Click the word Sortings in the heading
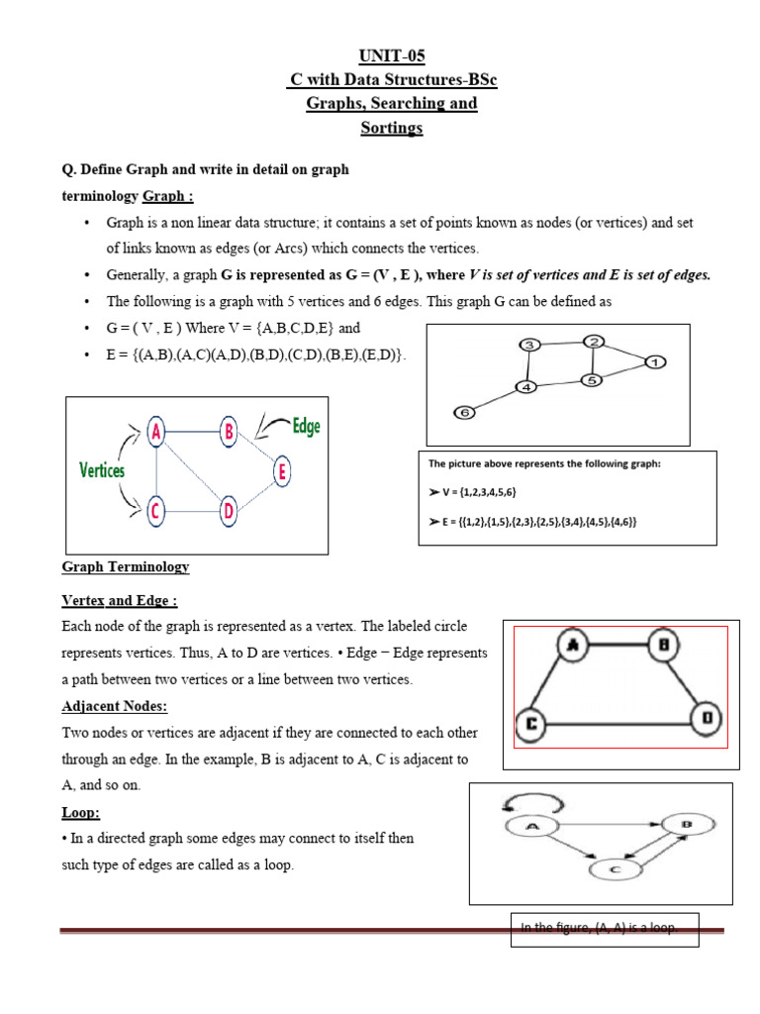(392, 128)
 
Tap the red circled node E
(283, 472)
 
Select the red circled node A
(156, 431)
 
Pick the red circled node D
(229, 512)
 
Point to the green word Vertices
(102, 470)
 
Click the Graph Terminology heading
(126, 567)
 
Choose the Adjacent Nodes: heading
(115, 706)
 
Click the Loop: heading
(81, 812)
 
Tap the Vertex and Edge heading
(120, 601)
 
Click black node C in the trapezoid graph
(531, 724)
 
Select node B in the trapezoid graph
(664, 646)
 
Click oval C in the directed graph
(615, 870)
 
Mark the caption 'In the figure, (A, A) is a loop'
(604, 928)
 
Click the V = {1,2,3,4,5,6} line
(473, 492)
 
